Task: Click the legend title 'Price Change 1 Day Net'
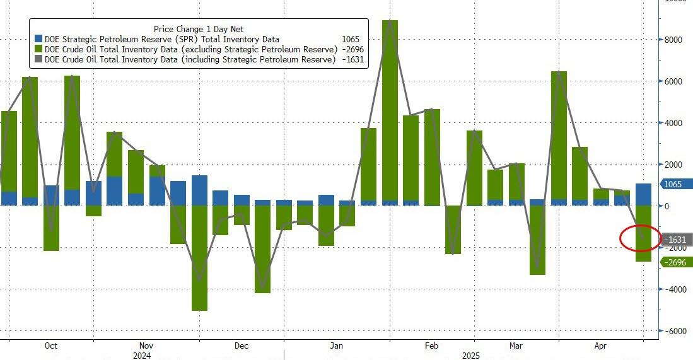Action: click(199, 29)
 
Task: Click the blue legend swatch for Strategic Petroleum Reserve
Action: click(38, 39)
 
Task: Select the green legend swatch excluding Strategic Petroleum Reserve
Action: click(38, 49)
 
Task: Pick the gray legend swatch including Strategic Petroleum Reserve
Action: click(38, 59)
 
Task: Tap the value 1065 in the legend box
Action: click(351, 39)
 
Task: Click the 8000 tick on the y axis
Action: click(675, 40)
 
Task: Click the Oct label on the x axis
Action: click(51, 346)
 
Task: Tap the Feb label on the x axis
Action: click(431, 346)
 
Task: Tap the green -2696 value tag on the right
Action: click(676, 262)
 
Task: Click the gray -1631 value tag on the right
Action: click(676, 240)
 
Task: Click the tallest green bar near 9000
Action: click(390, 107)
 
